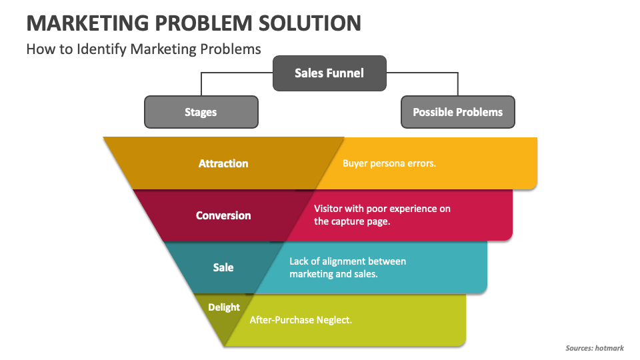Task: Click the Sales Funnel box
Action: [x=329, y=73]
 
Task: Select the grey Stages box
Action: [x=201, y=112]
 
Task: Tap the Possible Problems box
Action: [x=457, y=112]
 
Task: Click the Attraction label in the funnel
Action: [x=223, y=163]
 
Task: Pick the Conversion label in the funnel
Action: [x=223, y=215]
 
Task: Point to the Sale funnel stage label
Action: [x=223, y=267]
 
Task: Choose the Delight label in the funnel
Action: [x=223, y=307]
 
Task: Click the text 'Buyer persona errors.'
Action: [x=389, y=163]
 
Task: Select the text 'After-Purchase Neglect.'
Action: [x=301, y=320]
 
